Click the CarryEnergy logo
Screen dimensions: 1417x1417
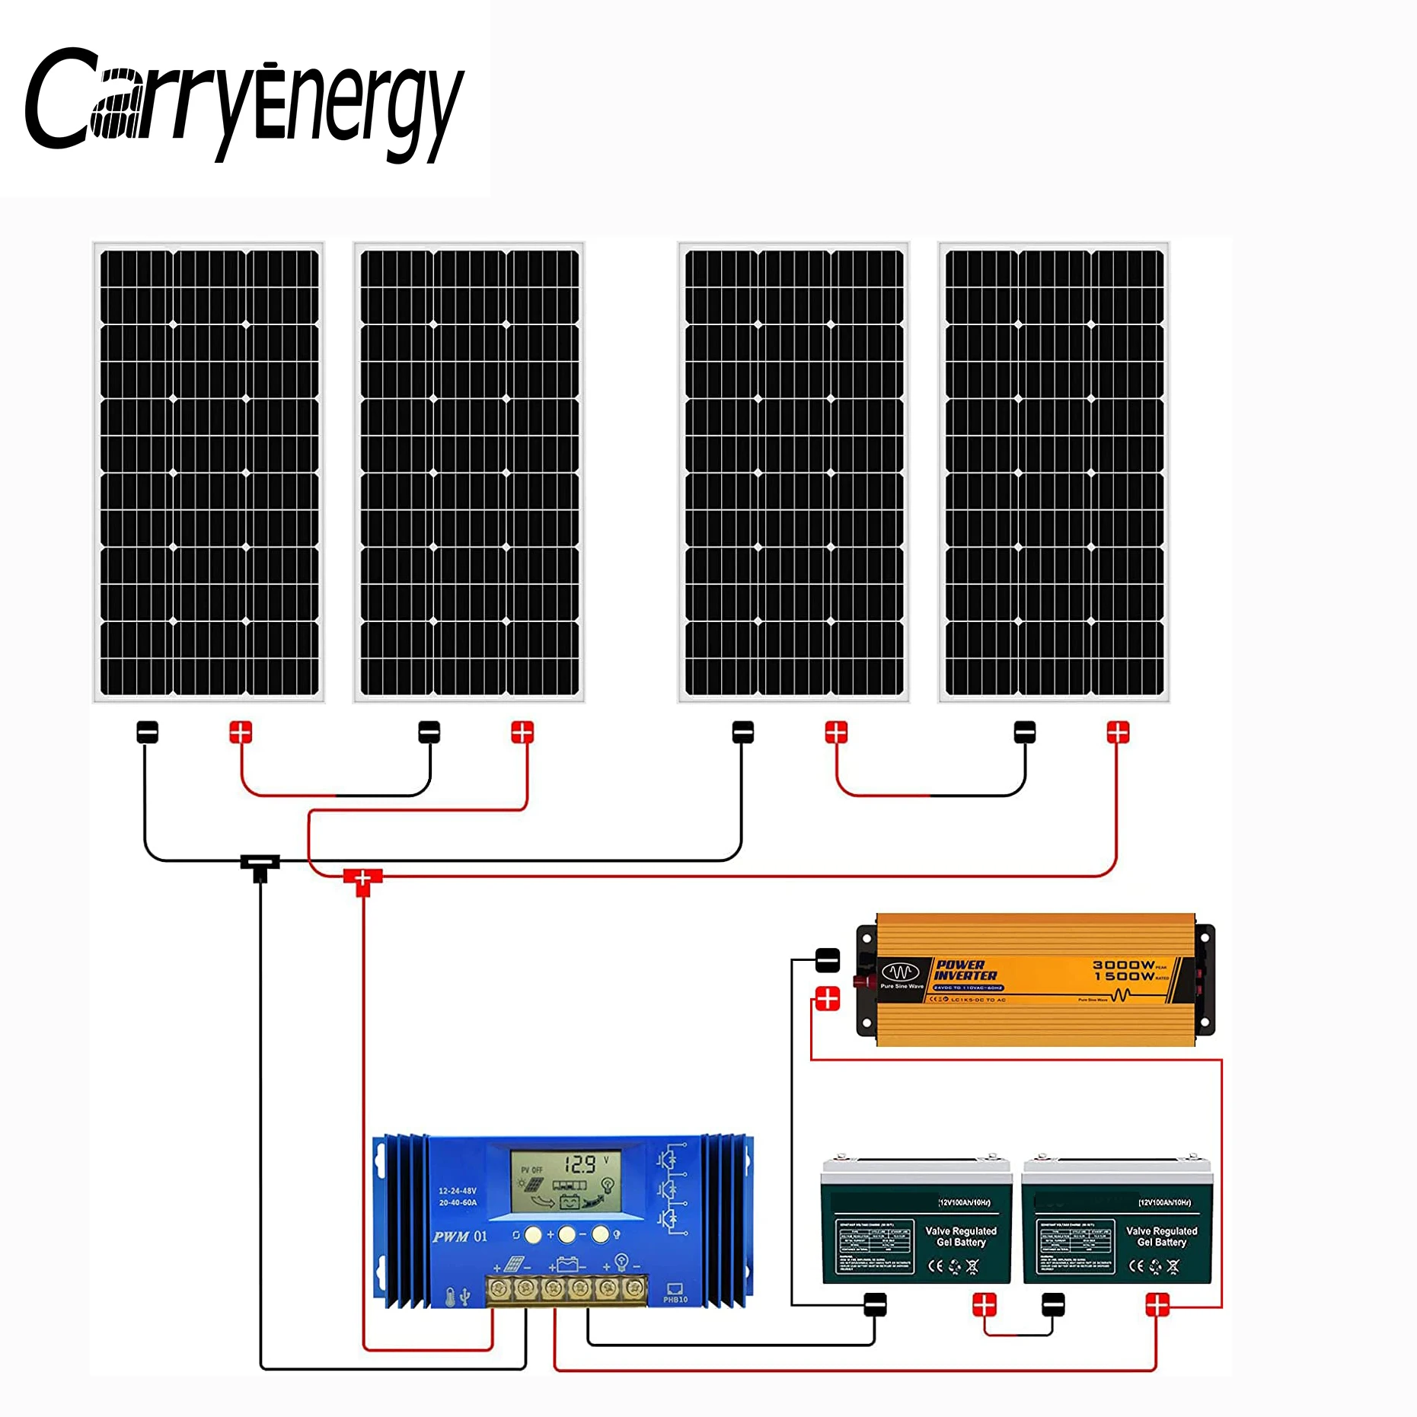pyautogui.click(x=244, y=103)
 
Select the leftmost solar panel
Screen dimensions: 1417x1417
pyautogui.click(x=209, y=472)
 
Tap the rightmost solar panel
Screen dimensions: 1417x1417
pyautogui.click(x=1054, y=472)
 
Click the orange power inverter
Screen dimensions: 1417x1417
pyautogui.click(x=1036, y=980)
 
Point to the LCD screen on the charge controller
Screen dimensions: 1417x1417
pyautogui.click(x=565, y=1180)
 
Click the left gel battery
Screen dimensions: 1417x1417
pyautogui.click(x=916, y=1221)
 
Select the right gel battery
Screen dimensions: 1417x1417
pyautogui.click(x=1117, y=1221)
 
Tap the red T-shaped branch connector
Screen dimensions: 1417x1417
pyautogui.click(x=363, y=880)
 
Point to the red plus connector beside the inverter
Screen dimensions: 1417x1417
pyautogui.click(x=828, y=998)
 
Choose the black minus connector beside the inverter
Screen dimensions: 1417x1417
pyautogui.click(x=828, y=960)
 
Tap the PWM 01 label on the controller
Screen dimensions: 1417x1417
pyautogui.click(x=459, y=1237)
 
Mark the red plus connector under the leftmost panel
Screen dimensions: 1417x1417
pyautogui.click(x=241, y=732)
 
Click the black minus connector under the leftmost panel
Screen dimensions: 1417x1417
pyautogui.click(x=148, y=732)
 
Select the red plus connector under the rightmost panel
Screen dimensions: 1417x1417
pyautogui.click(x=1118, y=732)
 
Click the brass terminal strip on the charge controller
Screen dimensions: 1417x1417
pyautogui.click(x=566, y=1288)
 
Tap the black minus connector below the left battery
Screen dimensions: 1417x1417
pyautogui.click(x=875, y=1305)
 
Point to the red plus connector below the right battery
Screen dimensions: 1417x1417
pyautogui.click(x=1157, y=1305)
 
